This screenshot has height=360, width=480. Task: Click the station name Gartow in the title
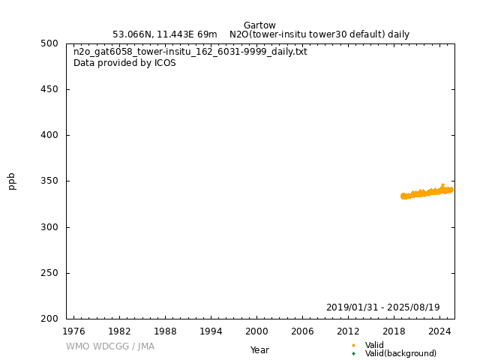point(259,25)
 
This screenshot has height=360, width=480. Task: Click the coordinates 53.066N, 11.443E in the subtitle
point(154,34)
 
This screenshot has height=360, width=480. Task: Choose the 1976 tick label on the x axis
point(73,331)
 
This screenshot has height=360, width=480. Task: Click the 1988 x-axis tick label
point(165,331)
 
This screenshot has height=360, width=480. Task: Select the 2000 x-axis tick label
point(256,331)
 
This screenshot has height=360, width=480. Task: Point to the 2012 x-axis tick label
point(348,331)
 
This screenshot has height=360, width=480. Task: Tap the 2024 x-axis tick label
point(439,331)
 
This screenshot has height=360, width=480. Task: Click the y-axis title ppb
point(12,181)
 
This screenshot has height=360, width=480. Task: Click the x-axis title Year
point(259,350)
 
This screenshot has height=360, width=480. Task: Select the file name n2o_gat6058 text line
point(190,52)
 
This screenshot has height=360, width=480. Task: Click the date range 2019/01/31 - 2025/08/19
point(382,307)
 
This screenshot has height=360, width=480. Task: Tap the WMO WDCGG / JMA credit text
point(110,346)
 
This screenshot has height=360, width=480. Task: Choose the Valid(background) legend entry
point(400,354)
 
